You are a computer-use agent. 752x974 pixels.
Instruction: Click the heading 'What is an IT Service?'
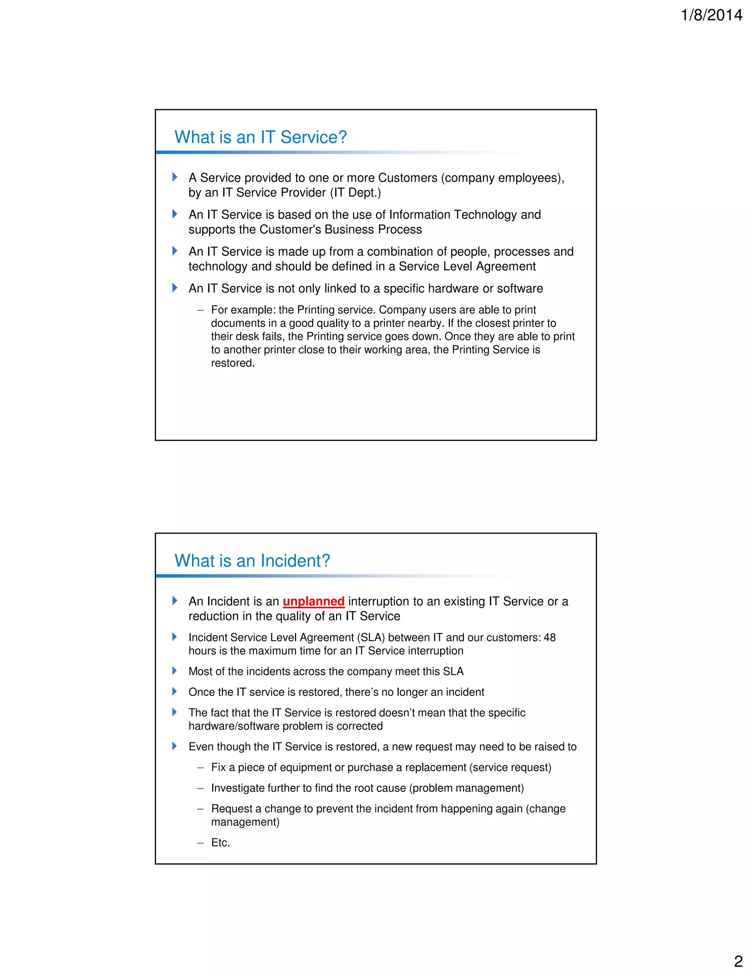click(261, 137)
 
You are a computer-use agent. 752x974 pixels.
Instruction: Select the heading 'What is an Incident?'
click(252, 561)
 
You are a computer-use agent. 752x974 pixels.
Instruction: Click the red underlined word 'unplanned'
click(314, 601)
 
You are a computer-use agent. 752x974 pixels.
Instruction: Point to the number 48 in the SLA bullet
click(549, 637)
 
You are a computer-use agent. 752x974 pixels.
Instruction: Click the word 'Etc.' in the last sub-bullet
click(221, 842)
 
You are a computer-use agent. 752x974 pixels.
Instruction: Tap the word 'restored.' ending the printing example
click(232, 363)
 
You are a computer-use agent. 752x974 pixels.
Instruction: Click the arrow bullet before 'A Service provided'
click(175, 177)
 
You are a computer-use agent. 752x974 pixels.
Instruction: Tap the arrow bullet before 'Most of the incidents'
click(175, 671)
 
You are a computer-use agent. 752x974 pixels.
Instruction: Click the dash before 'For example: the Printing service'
click(200, 310)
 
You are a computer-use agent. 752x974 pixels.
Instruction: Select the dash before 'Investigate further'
click(200, 788)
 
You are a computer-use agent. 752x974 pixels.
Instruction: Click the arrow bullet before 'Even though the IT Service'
click(175, 746)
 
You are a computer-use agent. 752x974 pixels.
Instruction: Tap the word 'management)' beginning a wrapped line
click(245, 822)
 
